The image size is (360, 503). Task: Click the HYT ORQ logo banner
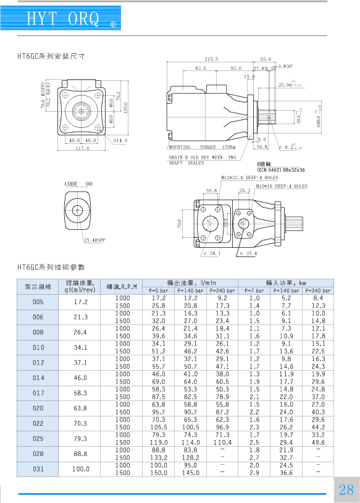pos(61,18)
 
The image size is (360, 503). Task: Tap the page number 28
pos(346,489)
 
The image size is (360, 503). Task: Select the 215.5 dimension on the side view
pos(211,59)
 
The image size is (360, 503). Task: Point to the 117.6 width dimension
pos(82,148)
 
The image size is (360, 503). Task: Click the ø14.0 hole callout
pos(120,140)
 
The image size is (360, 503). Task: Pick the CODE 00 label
pos(78,184)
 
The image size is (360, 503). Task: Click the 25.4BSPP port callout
pos(94,240)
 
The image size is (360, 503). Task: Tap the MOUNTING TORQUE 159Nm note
pos(203,147)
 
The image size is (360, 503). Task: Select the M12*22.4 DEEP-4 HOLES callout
pos(249,177)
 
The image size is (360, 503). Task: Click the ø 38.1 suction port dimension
pos(212,253)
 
